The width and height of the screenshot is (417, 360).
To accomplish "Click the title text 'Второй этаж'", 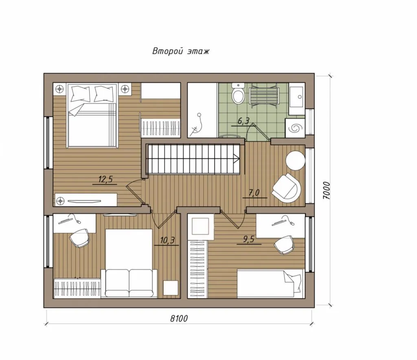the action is (x=180, y=51).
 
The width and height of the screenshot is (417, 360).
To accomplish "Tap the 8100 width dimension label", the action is (x=179, y=318).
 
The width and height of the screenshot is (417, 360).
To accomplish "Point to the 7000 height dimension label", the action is (x=326, y=190).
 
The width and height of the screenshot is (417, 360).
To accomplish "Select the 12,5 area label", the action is (x=105, y=180).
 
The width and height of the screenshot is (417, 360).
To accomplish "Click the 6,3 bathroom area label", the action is (x=243, y=121).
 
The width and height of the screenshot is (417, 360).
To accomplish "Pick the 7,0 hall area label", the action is (x=254, y=193).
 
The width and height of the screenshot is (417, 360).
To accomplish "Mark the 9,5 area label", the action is (x=248, y=239).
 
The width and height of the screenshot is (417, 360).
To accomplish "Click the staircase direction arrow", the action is (x=236, y=159).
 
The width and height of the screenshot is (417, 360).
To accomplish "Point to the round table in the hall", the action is (x=295, y=160).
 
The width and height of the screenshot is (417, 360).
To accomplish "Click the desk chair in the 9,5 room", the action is (x=284, y=245).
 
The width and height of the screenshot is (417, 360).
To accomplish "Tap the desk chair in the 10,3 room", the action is (x=80, y=238).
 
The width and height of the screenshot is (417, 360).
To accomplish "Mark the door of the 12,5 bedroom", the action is (x=135, y=191).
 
